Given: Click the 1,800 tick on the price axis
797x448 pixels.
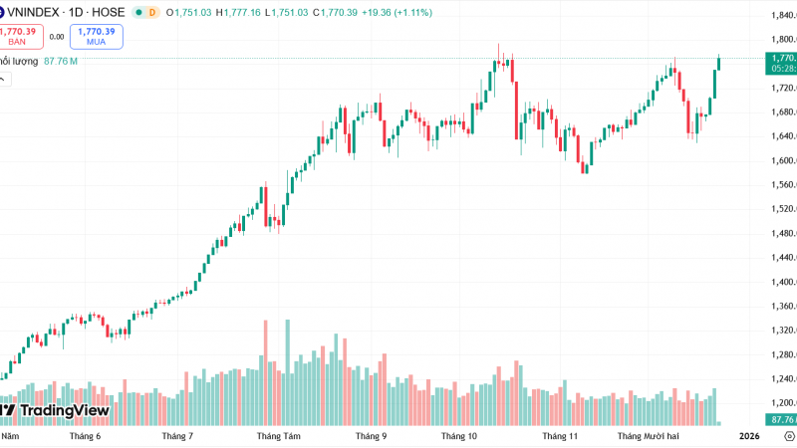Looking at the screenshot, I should coord(781,40).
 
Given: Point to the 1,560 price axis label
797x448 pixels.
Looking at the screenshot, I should coord(781,185).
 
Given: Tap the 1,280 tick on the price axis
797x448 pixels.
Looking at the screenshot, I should coord(781,354).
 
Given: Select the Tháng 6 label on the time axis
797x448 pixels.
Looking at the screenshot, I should coord(86,436).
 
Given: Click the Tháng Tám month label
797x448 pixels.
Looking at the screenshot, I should coord(278,436).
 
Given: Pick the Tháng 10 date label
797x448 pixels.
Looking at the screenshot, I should coord(459,436).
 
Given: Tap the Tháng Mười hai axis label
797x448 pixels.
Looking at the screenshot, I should coord(648,436).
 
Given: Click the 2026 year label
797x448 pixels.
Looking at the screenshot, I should coord(749,436).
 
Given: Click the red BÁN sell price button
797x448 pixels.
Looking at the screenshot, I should coord(18,36).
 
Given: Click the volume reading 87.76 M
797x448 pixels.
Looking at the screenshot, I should coord(61,61).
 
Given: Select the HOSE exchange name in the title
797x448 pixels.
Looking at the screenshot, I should coord(110,12).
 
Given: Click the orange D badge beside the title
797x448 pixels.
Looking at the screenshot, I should coord(152,12).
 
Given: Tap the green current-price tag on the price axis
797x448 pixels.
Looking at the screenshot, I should coord(781,64).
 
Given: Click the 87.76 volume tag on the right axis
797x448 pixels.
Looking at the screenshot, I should coord(781,419).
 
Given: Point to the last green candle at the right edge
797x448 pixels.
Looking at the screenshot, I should coord(719,64).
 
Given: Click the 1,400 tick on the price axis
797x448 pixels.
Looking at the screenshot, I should coord(781,282).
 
